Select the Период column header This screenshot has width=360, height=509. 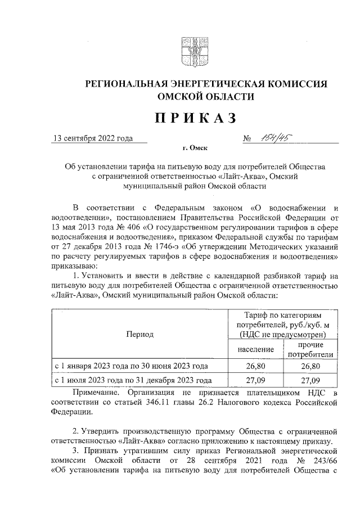tap(140, 334)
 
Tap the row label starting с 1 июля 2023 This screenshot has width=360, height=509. tap(133, 380)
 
